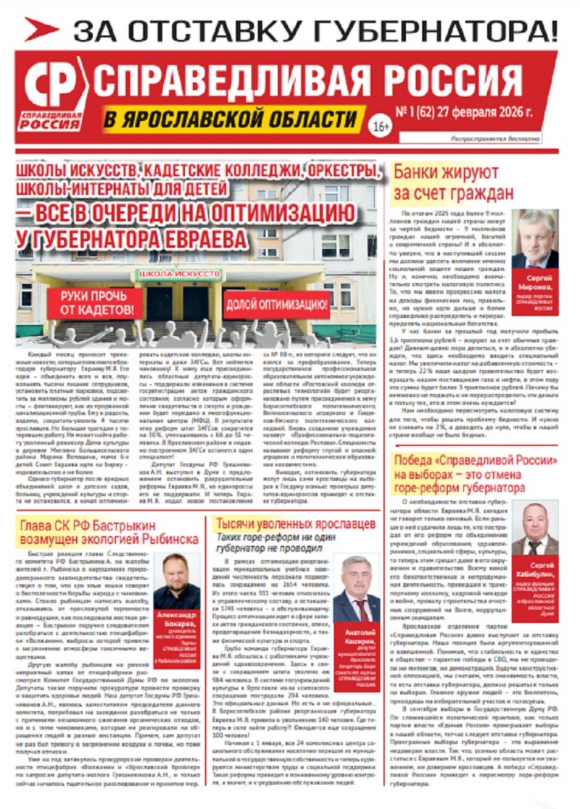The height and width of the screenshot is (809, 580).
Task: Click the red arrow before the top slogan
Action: coord(41,29)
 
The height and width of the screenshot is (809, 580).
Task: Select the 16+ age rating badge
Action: coord(381,126)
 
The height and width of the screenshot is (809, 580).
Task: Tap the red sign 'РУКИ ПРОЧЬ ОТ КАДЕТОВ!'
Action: coord(92,303)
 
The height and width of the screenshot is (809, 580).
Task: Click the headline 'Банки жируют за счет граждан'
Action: coord(453,183)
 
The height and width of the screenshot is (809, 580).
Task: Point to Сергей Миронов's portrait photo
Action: coord(535,240)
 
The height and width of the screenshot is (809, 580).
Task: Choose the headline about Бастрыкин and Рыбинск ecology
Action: coord(109,530)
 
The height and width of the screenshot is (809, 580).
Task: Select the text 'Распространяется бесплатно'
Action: coord(496,138)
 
